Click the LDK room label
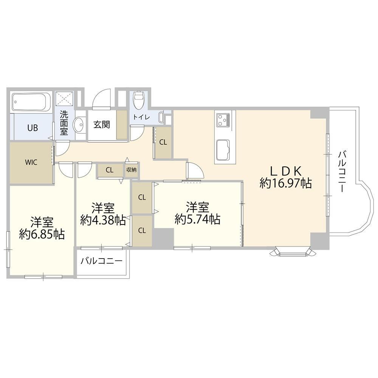[x=286, y=171]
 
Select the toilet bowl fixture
[x=138, y=100]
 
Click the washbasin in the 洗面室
[x=79, y=125]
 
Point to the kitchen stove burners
[x=223, y=120]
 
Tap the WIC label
[x=31, y=162]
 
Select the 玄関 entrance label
[x=102, y=124]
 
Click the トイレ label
[x=142, y=118]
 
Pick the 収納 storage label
[x=132, y=170]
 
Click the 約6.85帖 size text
[x=42, y=234]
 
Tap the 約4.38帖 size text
[x=103, y=220]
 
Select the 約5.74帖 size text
[x=197, y=219]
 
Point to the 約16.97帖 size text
[x=286, y=184]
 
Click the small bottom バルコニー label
[x=102, y=261]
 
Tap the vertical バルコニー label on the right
[x=342, y=172]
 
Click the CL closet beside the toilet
[x=163, y=142]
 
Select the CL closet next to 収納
[x=110, y=170]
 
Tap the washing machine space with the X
[x=64, y=99]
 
